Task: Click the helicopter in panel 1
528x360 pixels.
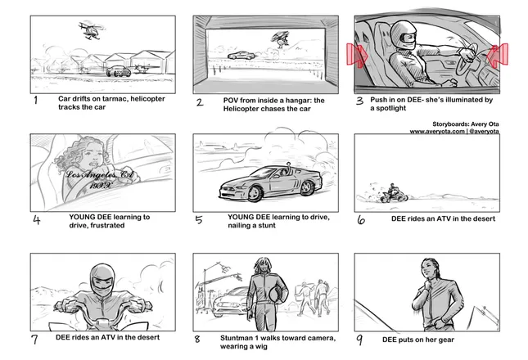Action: [91, 30]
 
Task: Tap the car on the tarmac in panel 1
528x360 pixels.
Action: [119, 71]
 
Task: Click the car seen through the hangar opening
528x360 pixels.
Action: [241, 56]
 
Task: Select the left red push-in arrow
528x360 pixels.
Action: [358, 55]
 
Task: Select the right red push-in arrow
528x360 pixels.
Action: [498, 55]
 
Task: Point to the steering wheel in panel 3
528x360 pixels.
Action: [469, 60]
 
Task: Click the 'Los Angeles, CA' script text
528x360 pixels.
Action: [100, 174]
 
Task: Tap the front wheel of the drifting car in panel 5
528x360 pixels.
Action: [255, 193]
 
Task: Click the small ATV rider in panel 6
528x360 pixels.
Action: [393, 193]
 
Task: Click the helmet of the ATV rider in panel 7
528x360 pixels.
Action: [102, 280]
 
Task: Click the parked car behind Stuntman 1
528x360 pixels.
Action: [230, 301]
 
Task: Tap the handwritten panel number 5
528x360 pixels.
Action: [199, 220]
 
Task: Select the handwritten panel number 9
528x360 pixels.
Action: [359, 340]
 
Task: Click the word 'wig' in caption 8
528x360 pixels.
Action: [261, 347]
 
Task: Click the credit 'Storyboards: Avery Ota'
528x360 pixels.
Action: [466, 124]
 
